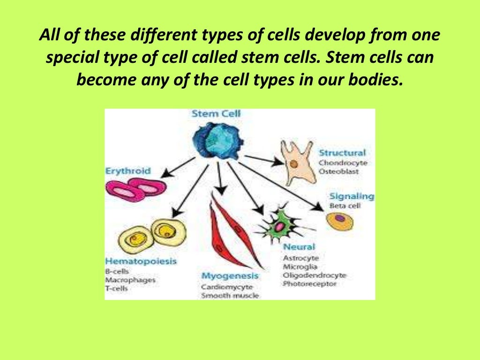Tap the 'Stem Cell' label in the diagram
215,114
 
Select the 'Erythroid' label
128,171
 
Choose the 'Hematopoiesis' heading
141,261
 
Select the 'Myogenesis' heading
230,276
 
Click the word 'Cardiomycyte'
227,286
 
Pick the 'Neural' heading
299,247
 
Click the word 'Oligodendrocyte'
314,275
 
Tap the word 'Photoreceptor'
309,284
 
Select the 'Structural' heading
342,153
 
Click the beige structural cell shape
296,162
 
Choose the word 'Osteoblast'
338,172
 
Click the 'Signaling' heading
352,196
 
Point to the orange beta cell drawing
340,221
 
